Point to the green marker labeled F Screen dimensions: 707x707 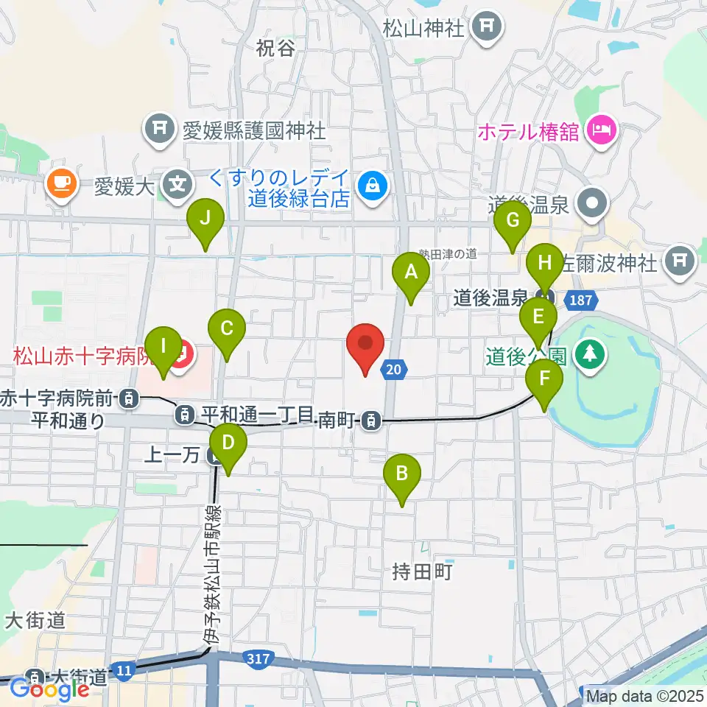[544, 380]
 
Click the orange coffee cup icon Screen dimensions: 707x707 [62, 184]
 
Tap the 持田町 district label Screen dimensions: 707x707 [422, 571]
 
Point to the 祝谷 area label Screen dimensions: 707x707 [275, 49]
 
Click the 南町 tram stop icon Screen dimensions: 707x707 [373, 421]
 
